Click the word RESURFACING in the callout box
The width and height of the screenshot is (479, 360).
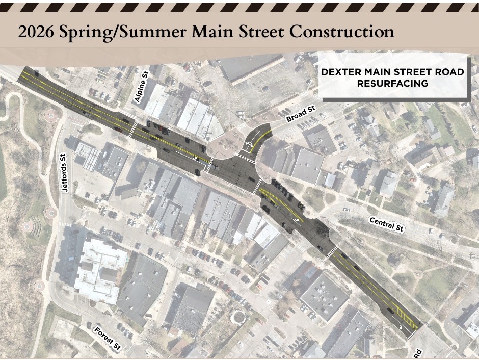coord(392,83)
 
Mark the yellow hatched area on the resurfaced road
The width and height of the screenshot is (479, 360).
coord(408,318)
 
